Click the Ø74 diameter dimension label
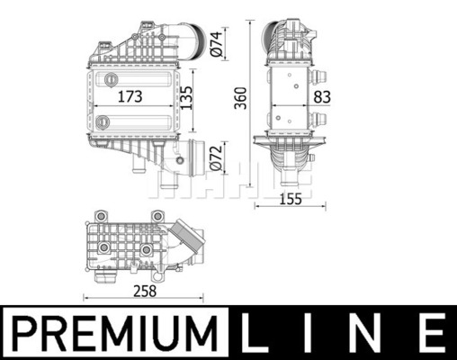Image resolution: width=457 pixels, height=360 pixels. [217, 44]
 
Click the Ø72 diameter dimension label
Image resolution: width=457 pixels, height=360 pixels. [217, 158]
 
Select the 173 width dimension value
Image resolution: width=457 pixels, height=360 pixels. [130, 96]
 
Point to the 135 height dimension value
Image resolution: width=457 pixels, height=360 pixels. [186, 98]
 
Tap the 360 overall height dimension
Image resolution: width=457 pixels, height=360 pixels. [240, 98]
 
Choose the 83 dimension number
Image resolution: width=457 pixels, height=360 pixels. [322, 97]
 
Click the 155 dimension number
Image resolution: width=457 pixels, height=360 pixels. [291, 199]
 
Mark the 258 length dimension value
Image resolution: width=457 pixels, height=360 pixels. [145, 291]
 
